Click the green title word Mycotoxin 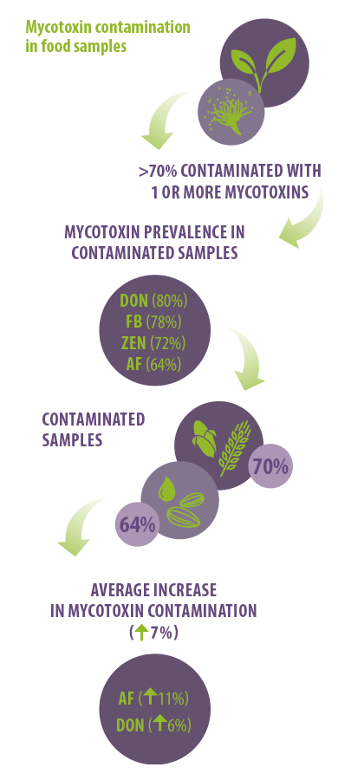click(x=58, y=27)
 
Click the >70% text click(x=158, y=171)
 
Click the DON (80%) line click(x=153, y=301)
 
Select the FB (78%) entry click(x=153, y=322)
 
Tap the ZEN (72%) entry click(x=153, y=343)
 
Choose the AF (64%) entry click(x=153, y=365)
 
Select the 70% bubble click(x=270, y=466)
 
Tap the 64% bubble click(x=137, y=525)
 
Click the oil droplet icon click(x=166, y=490)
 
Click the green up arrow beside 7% click(x=142, y=634)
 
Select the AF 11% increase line click(x=153, y=699)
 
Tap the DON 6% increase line click(x=153, y=725)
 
